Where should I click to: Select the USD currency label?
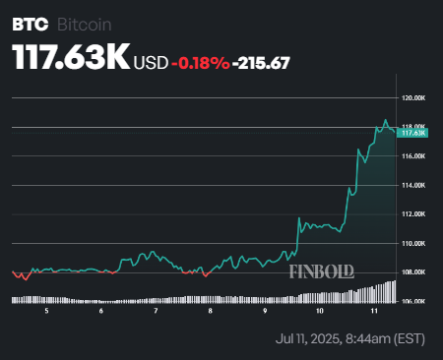click(151, 63)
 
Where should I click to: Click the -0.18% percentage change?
click(201, 63)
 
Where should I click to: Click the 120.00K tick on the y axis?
click(412, 98)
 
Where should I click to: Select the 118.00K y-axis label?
click(412, 127)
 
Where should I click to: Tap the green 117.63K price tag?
click(412, 133)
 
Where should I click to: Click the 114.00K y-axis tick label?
click(412, 185)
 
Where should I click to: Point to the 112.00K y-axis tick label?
click(412, 213)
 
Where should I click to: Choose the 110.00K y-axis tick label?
click(412, 243)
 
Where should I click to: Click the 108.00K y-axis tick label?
click(412, 271)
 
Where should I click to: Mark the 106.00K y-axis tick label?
click(412, 301)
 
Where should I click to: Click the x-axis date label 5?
click(46, 311)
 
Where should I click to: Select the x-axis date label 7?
click(156, 311)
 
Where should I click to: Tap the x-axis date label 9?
click(265, 311)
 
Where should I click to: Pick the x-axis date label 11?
click(374, 311)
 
